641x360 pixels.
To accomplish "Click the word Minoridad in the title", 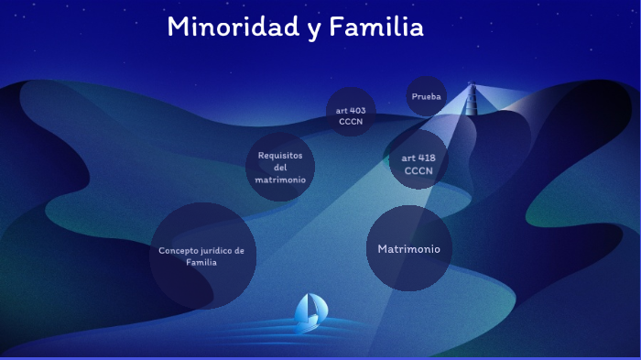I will (x=233, y=27).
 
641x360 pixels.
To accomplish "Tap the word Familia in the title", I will (x=378, y=27).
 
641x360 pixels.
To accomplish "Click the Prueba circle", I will (x=426, y=96).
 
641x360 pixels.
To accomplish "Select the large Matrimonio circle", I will (x=408, y=248).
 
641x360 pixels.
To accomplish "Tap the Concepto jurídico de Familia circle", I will (x=201, y=256).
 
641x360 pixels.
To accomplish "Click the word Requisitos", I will (x=280, y=155).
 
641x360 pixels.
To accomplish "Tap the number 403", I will (x=358, y=110).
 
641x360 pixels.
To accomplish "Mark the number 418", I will (x=426, y=158).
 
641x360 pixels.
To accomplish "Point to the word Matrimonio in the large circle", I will (x=408, y=248).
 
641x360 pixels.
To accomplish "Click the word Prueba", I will (x=426, y=96).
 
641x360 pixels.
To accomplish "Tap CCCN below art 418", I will (x=418, y=170).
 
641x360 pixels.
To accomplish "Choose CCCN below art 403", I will (x=352, y=121).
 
